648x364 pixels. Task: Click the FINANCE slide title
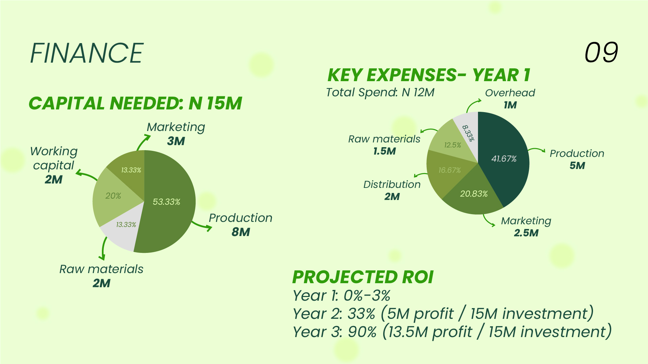87,53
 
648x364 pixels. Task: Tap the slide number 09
601,53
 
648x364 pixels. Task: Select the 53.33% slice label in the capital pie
166,202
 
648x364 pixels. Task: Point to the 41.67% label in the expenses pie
504,159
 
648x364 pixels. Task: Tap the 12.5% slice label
452,145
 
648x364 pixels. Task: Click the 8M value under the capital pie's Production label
241,232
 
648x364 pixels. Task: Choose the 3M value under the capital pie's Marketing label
176,141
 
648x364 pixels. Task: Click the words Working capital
54,158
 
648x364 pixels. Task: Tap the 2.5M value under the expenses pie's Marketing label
526,233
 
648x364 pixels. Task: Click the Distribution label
392,185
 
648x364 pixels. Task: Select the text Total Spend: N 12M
380,92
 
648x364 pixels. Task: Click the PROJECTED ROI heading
363,277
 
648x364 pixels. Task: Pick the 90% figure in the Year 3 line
362,332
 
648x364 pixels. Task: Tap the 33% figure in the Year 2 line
361,314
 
